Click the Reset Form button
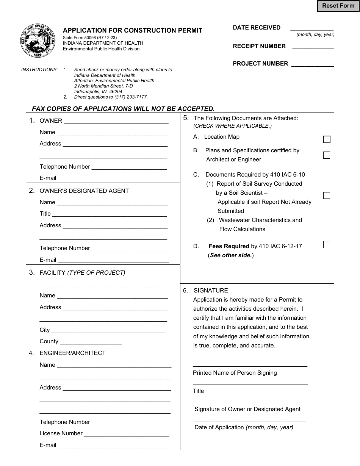[338, 6]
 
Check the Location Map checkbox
[326, 139]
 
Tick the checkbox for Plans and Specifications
[326, 155]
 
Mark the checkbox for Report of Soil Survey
[326, 195]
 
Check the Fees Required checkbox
[326, 244]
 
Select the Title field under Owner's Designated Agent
[110, 215]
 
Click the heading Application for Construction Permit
[132, 30]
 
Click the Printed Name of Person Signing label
[235, 373]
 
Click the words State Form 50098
[79, 38]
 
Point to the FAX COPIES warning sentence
[123, 109]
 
